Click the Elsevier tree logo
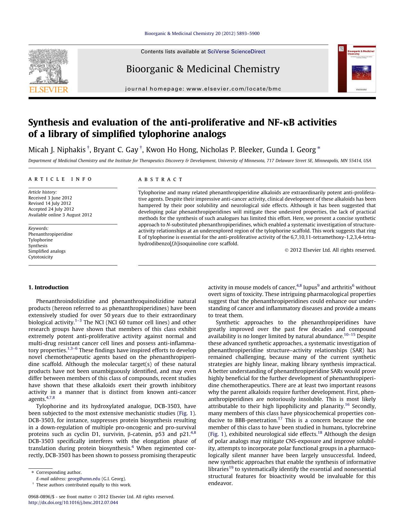[x=48, y=66]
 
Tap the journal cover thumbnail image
[x=357, y=68]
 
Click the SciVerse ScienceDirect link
[x=236, y=51]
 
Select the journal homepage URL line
[x=203, y=89]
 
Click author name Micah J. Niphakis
[x=57, y=150]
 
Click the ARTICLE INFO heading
[x=60, y=179]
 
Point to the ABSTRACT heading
[x=160, y=179]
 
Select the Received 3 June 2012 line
[x=50, y=198]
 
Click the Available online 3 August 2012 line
[x=60, y=215]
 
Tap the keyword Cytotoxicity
[x=40, y=257]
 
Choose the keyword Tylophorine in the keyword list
[x=40, y=240]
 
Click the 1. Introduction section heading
[x=48, y=287]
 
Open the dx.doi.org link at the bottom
[x=73, y=502]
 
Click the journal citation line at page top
[x=202, y=33]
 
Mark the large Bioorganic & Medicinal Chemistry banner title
[x=203, y=69]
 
